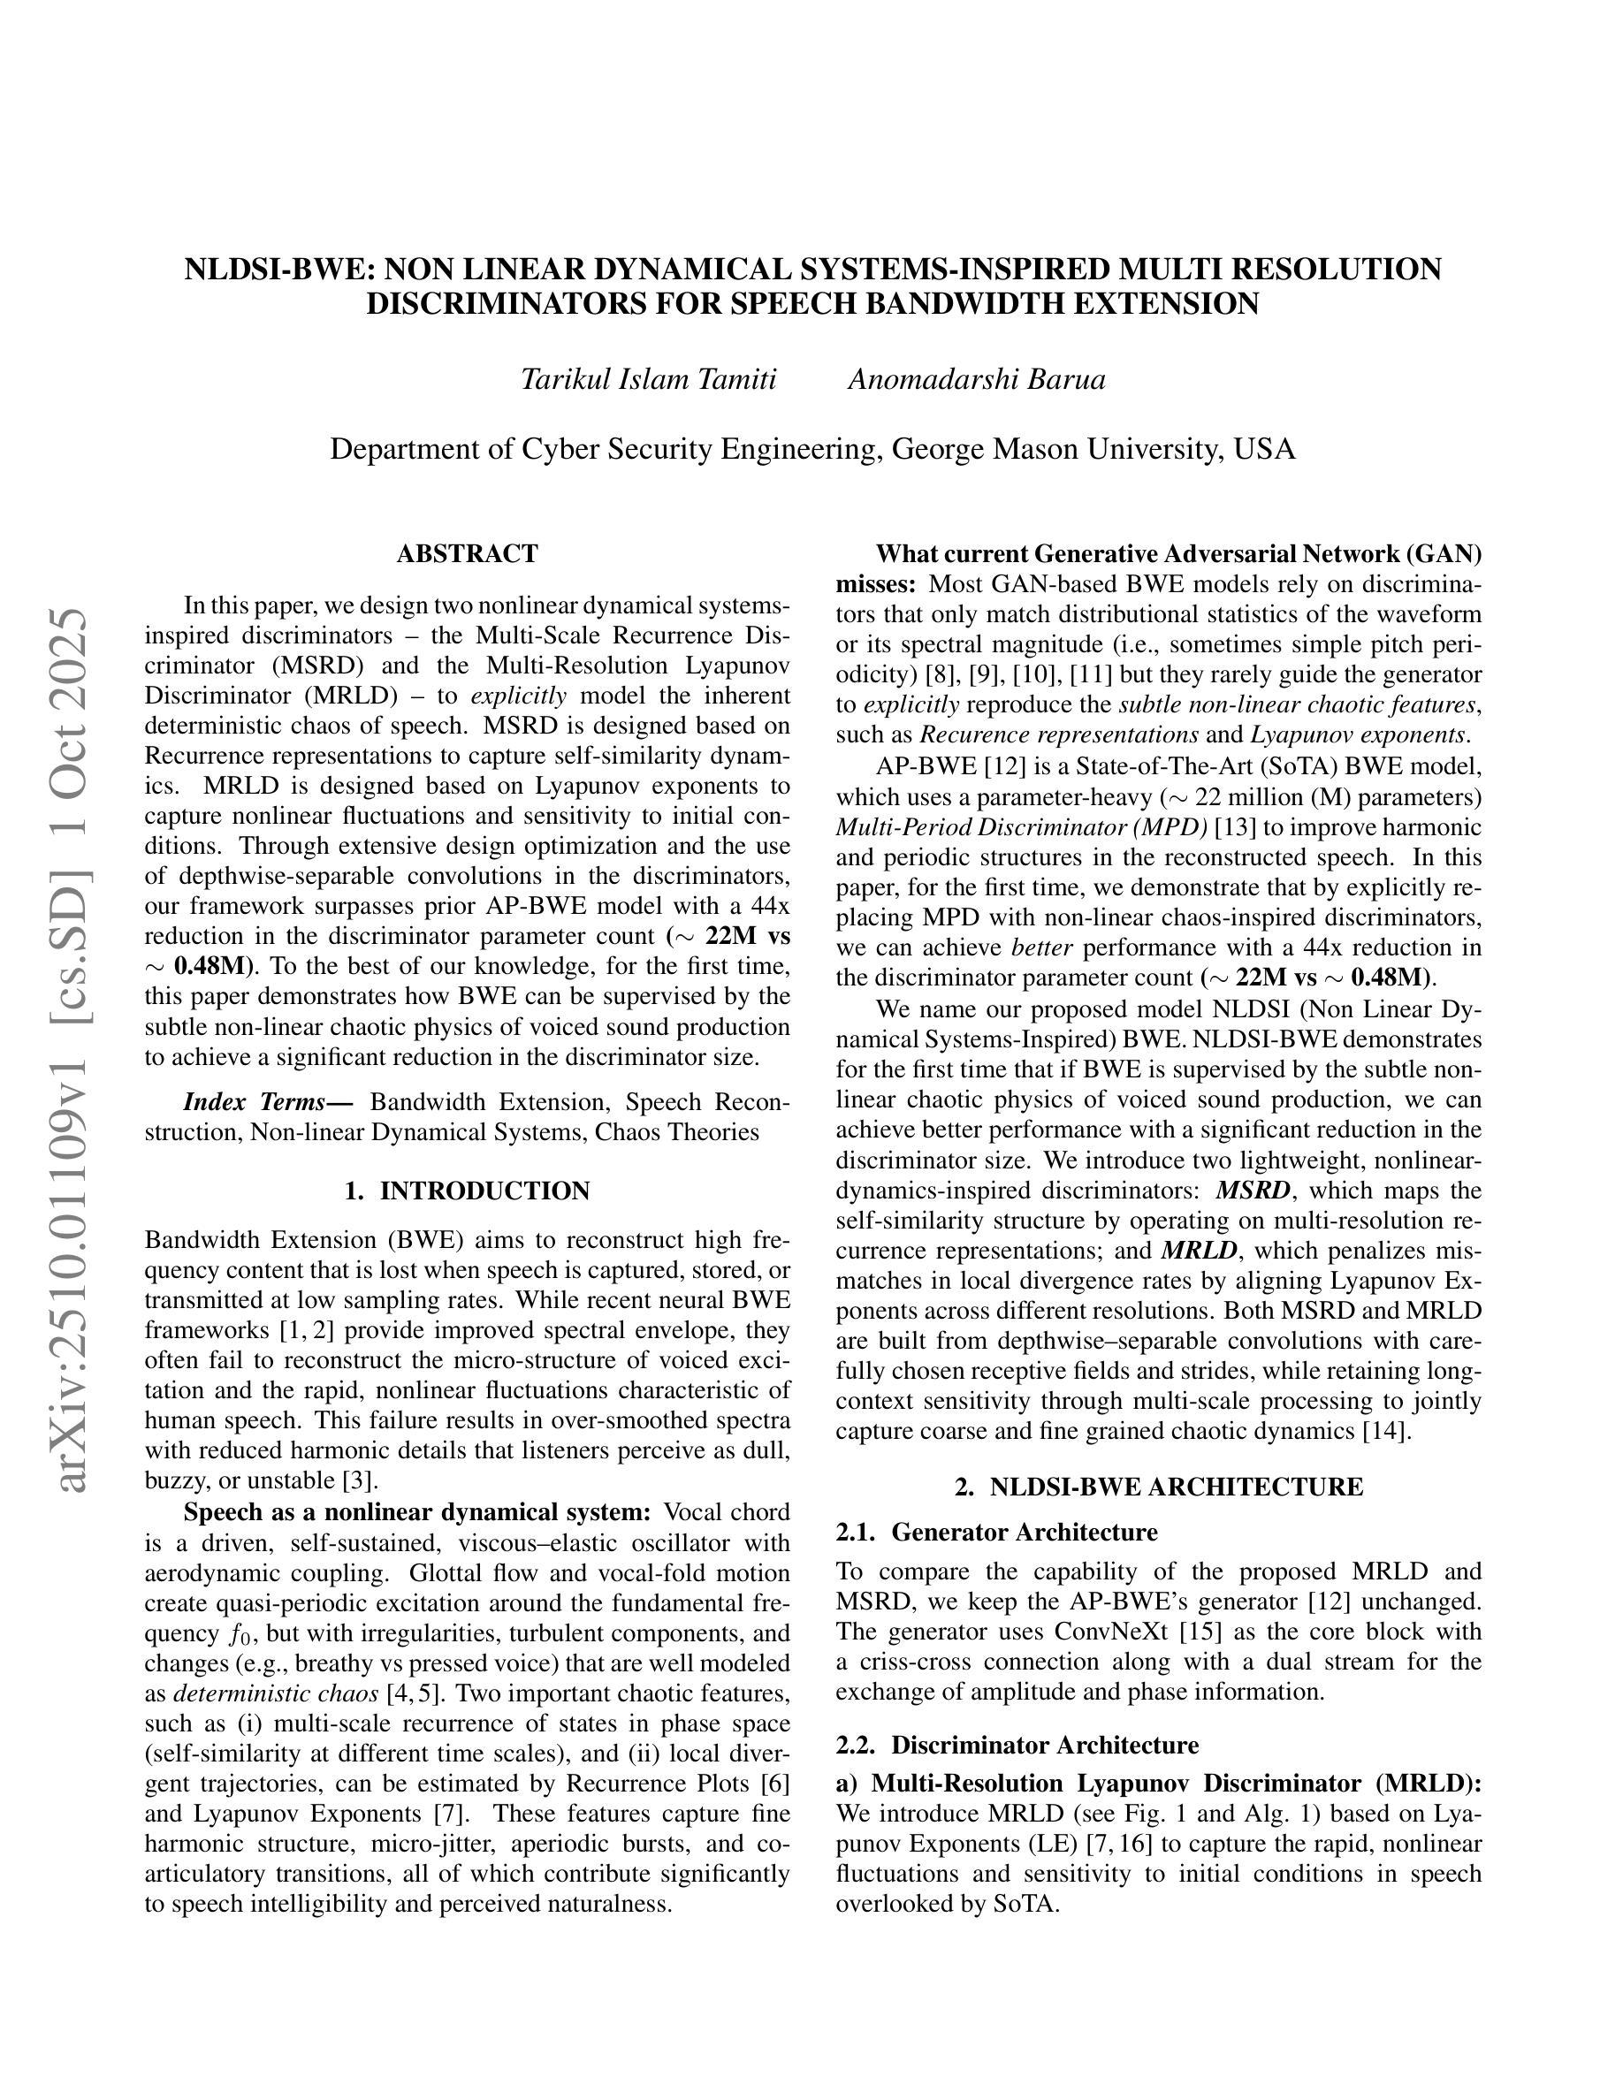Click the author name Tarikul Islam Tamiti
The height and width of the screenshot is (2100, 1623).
pyautogui.click(x=648, y=380)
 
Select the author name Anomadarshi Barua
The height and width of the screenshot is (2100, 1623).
pyautogui.click(x=976, y=380)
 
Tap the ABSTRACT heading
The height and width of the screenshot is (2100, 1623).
pyautogui.click(x=468, y=554)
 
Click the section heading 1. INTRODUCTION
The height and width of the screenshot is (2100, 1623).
pyautogui.click(x=468, y=1191)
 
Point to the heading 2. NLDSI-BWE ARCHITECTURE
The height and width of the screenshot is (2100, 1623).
pyautogui.click(x=1159, y=1487)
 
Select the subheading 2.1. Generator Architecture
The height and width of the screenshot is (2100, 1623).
pyautogui.click(x=996, y=1532)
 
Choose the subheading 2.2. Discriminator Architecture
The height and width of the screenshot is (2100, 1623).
pyautogui.click(x=1018, y=1746)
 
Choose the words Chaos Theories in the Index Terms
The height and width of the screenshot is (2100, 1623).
pyautogui.click(x=677, y=1131)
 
